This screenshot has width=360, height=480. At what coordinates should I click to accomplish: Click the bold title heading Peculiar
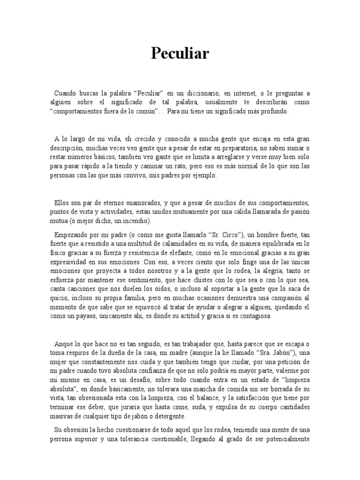[x=180, y=54]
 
